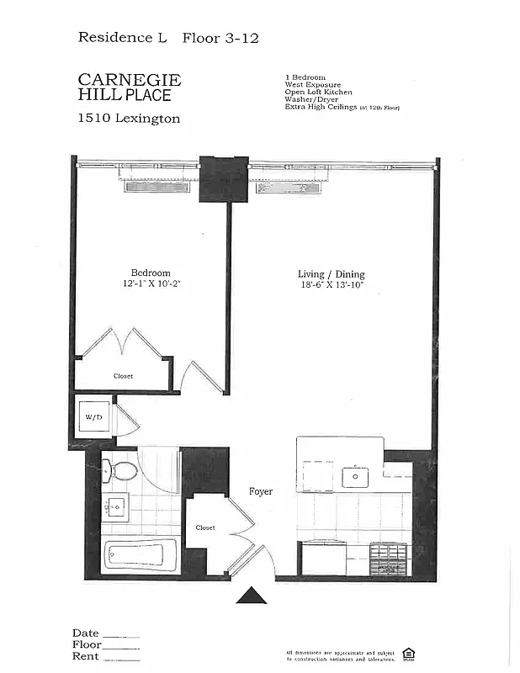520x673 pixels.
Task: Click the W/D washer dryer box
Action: pos(92,417)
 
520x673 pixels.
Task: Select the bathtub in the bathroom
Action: pos(140,555)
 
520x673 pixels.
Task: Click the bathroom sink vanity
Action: pos(115,508)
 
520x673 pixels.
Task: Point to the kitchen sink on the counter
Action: pos(355,477)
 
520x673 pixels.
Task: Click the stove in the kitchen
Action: pos(388,558)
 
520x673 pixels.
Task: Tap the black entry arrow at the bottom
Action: pos(251,596)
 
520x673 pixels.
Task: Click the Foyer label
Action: pos(260,491)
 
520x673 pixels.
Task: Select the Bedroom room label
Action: pos(150,273)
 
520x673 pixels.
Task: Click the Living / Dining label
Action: pos(331,274)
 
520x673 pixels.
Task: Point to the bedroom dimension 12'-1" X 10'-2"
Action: pos(151,284)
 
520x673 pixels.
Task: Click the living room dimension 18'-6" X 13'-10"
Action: pos(331,286)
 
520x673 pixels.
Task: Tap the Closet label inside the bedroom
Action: pos(123,376)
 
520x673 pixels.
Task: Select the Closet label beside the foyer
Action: pos(204,527)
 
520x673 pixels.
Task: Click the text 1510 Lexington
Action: pos(129,119)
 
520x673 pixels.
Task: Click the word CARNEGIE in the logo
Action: pos(129,80)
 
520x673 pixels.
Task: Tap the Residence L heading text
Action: pos(123,37)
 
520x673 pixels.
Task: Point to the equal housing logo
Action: pos(409,654)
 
